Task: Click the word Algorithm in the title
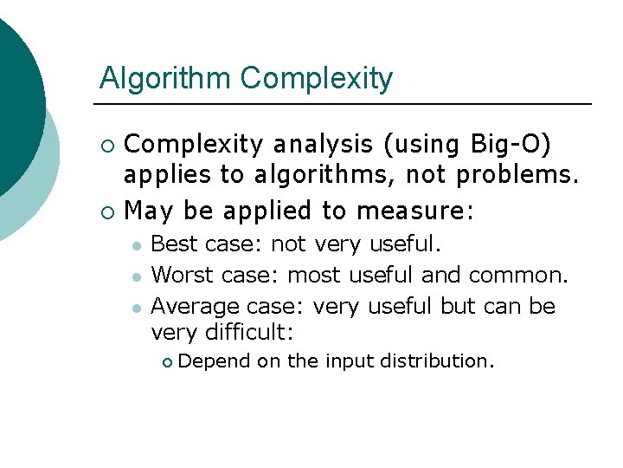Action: (x=166, y=79)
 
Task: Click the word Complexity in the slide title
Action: (x=316, y=79)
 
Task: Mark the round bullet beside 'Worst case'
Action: (x=136, y=276)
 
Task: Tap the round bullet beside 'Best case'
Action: (x=136, y=245)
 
